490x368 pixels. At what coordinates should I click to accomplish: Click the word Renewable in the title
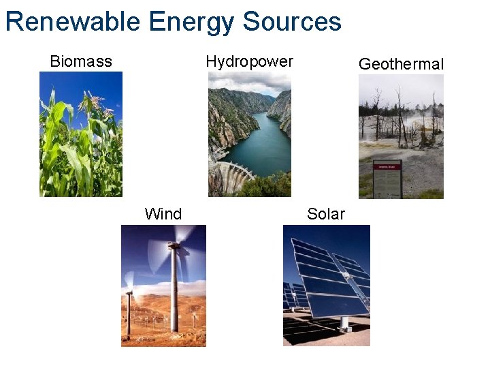point(73,22)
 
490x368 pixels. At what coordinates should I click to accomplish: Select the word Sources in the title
point(292,22)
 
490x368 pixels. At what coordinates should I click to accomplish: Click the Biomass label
point(81,61)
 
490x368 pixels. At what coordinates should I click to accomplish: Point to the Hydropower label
point(249,61)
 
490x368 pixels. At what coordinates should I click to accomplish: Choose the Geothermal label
point(401,64)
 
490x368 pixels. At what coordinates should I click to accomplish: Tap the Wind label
point(163,214)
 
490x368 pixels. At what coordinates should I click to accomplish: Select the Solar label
point(326,214)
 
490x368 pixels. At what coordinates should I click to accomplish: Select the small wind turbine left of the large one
point(128,307)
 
